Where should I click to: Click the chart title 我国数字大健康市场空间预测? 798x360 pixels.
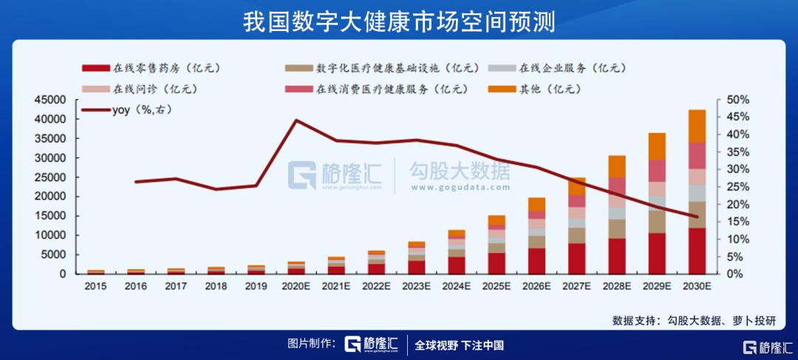(x=399, y=21)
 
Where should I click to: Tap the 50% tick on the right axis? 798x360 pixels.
(x=740, y=100)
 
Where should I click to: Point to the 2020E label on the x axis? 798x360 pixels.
(x=296, y=285)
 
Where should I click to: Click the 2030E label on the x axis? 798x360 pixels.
(x=697, y=285)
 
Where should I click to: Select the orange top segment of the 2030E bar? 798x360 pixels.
(x=697, y=126)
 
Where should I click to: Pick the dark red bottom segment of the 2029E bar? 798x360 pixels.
(x=657, y=254)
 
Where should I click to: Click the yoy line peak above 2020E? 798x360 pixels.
(x=296, y=120)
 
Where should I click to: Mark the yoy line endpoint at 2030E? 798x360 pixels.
(x=697, y=217)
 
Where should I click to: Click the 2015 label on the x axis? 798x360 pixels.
(x=96, y=285)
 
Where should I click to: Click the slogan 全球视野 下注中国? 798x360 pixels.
(x=459, y=345)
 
